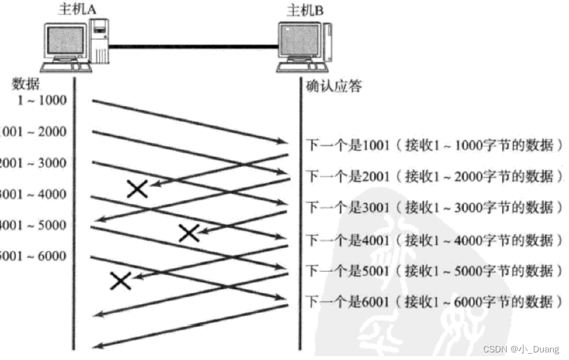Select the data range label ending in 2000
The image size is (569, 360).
[33, 132]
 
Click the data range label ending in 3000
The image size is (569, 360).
[33, 163]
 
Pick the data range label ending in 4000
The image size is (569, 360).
[33, 194]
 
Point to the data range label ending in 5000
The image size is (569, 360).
[33, 225]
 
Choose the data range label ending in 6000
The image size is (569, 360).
[33, 257]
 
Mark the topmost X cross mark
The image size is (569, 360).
[137, 188]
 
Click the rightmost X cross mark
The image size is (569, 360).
[189, 233]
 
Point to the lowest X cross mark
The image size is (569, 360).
[121, 281]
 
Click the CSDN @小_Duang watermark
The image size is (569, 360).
[520, 349]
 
